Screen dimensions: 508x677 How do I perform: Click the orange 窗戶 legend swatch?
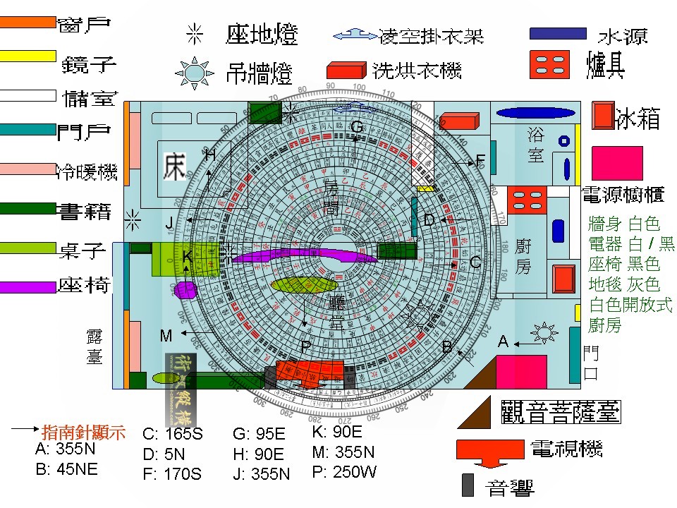click(x=28, y=22)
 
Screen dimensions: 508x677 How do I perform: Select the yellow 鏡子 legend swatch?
click(x=28, y=56)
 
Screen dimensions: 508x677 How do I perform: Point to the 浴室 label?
click(x=536, y=145)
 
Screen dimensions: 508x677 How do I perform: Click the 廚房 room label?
click(x=523, y=255)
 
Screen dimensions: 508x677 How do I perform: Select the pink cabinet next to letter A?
click(x=521, y=371)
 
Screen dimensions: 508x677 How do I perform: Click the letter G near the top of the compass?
click(x=357, y=127)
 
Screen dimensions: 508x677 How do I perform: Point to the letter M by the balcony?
click(x=166, y=336)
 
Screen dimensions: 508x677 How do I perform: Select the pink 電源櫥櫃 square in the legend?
click(x=617, y=163)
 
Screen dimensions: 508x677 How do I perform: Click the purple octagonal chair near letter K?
click(x=185, y=291)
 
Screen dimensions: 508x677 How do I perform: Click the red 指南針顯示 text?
click(x=84, y=432)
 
